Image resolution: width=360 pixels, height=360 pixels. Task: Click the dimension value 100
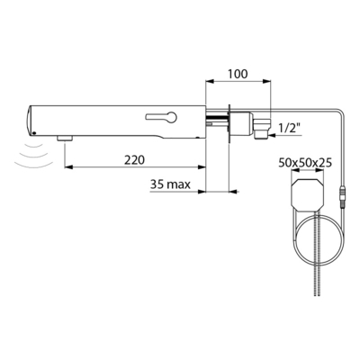tap(238, 74)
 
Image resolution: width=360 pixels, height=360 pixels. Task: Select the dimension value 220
tap(134, 160)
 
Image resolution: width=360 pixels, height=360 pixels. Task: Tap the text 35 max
tap(170, 184)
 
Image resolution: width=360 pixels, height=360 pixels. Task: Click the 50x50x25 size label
tap(305, 163)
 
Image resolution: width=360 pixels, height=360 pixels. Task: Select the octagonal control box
tap(308, 194)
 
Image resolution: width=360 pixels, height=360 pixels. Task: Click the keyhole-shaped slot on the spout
tap(161, 117)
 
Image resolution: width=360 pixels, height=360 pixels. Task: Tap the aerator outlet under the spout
tap(65, 138)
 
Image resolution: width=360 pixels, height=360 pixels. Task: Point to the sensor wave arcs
tap(34, 155)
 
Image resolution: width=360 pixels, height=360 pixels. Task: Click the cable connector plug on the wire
tap(343, 197)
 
